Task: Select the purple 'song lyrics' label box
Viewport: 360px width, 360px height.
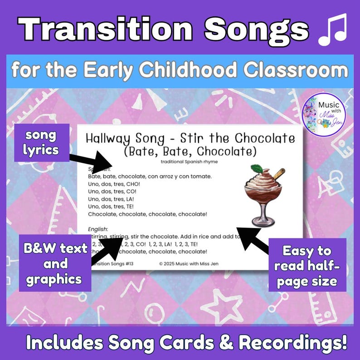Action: point(42,142)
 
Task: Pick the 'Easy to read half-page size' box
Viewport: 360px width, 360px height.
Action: point(307,265)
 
